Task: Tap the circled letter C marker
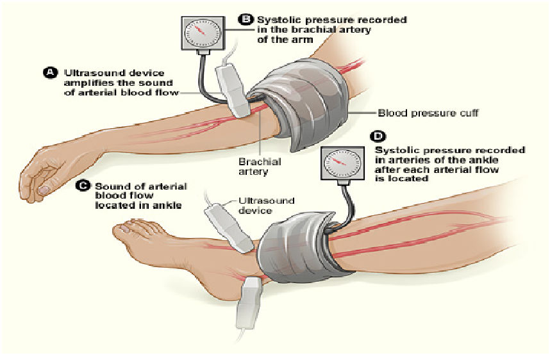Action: pyautogui.click(x=82, y=186)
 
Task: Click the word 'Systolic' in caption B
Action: pyautogui.click(x=277, y=20)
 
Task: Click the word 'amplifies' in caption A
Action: pyautogui.click(x=83, y=83)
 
